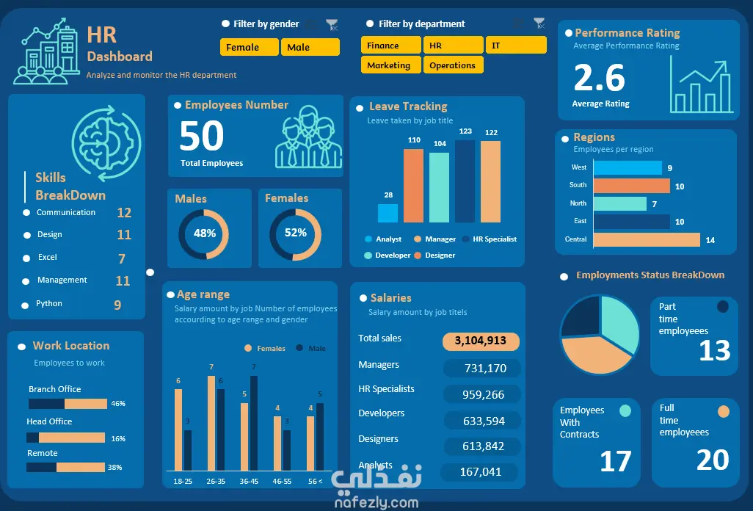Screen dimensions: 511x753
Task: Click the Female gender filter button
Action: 250,47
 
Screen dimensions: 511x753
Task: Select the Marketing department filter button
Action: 391,65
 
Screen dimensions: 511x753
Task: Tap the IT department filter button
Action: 516,46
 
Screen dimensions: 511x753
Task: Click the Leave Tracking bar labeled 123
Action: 465,181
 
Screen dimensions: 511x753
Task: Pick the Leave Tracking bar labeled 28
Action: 388,213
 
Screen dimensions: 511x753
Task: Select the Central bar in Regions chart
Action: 646,239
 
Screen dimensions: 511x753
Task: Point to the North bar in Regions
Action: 619,203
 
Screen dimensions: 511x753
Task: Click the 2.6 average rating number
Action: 600,78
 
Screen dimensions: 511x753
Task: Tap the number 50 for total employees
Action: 202,136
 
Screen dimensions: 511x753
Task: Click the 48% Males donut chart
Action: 204,233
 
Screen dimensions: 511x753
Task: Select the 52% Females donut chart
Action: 295,233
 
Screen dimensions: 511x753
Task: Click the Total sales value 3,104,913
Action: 481,341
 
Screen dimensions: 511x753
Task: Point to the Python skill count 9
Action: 117,305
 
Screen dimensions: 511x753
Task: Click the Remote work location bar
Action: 66,467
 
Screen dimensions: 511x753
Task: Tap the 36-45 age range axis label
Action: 249,482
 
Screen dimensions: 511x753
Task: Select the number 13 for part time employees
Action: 714,351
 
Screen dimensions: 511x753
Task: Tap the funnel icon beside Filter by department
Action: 539,23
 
